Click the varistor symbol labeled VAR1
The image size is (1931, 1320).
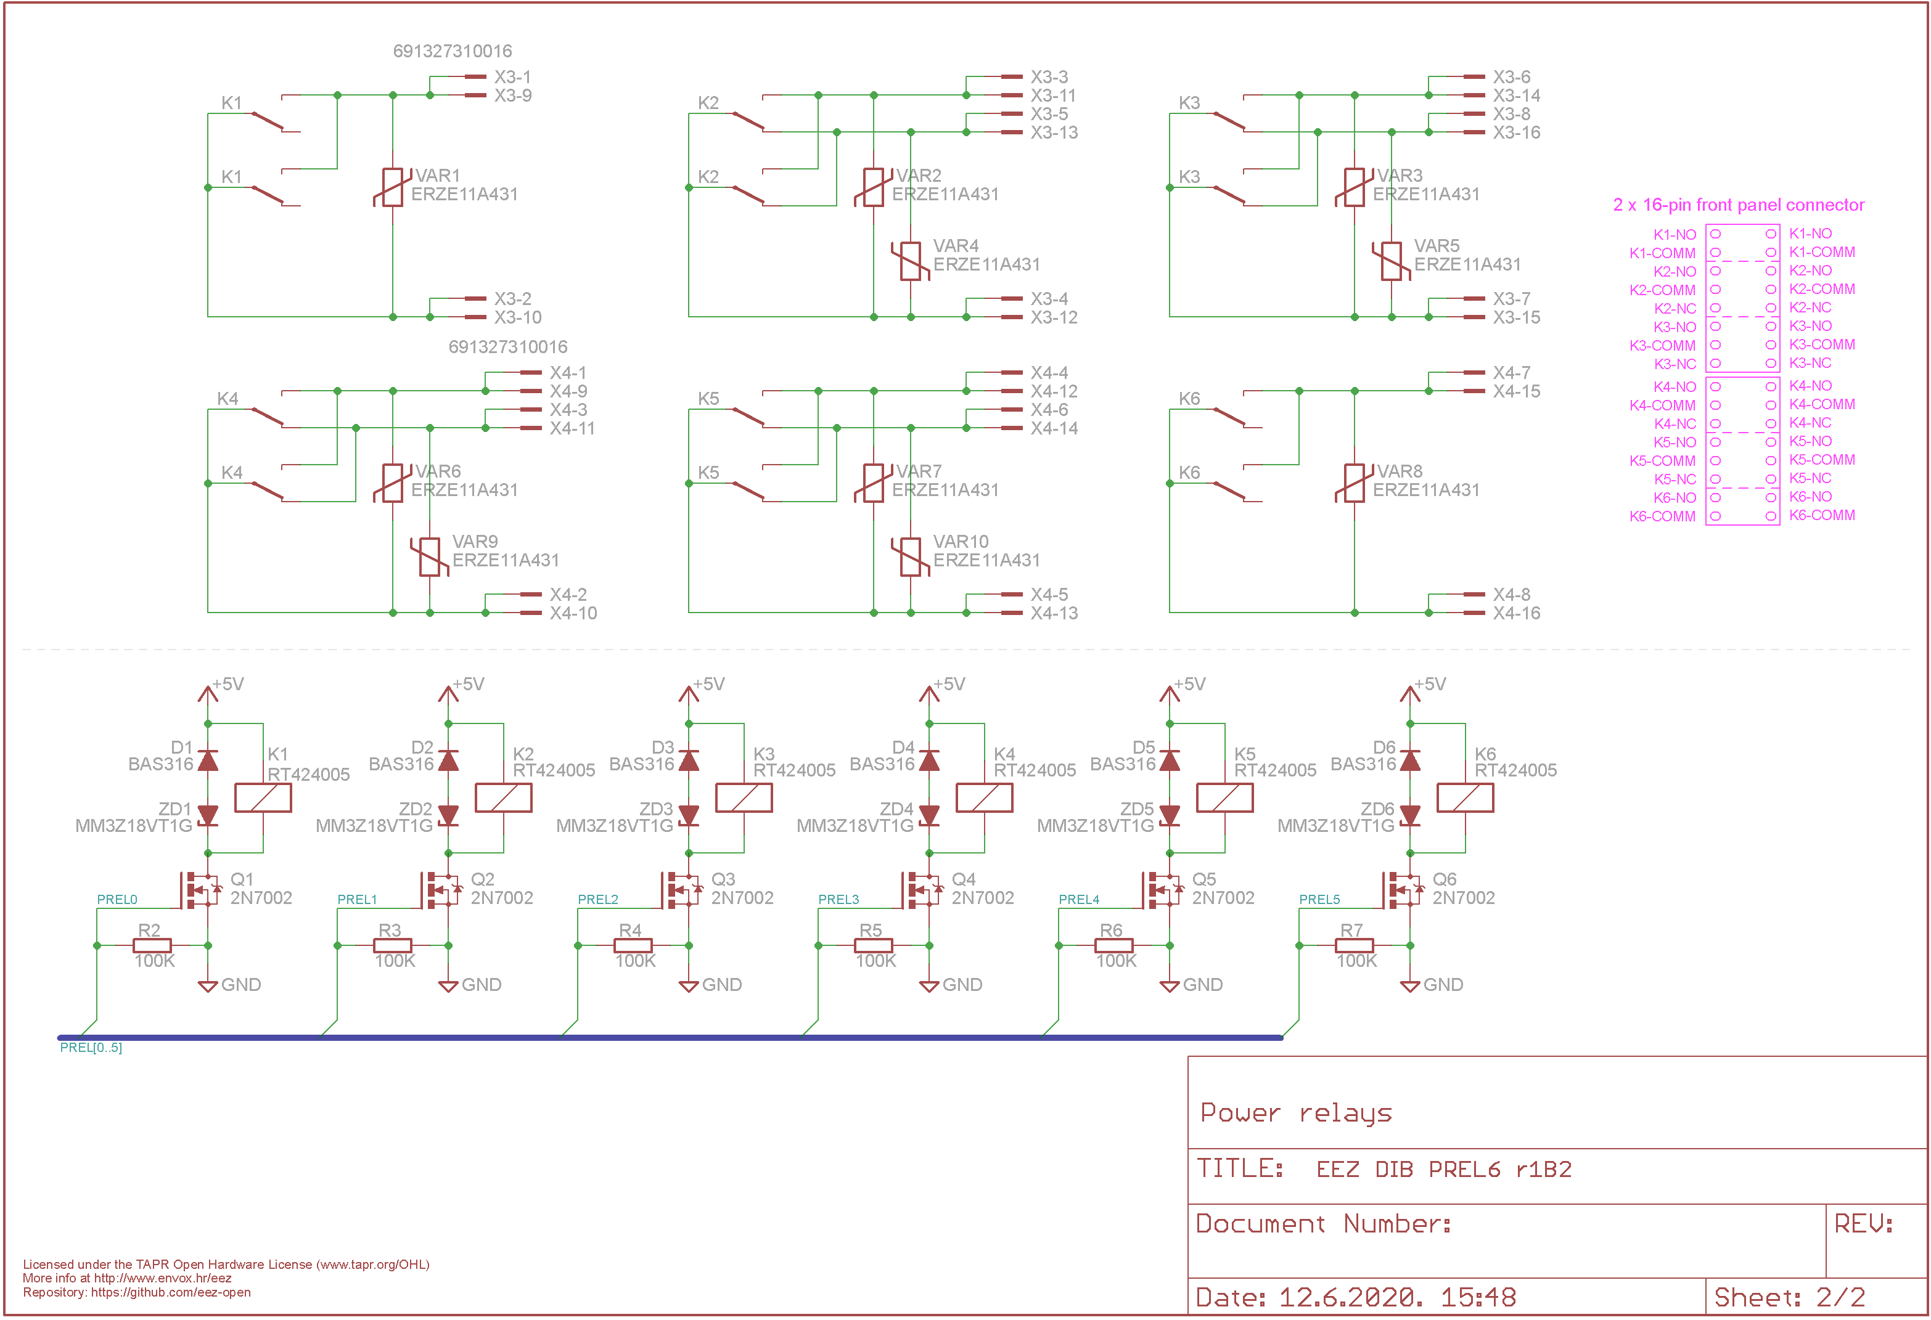(x=393, y=187)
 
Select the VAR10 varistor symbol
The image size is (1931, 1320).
(x=911, y=556)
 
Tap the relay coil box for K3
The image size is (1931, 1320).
(x=744, y=797)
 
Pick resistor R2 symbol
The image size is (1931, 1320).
(x=152, y=945)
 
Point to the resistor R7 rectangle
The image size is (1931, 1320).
(x=1355, y=945)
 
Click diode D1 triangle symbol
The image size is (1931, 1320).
(x=208, y=760)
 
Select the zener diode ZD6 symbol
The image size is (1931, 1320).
(x=1410, y=816)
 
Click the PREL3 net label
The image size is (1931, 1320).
(x=838, y=900)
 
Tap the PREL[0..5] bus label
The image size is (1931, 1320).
(x=91, y=1048)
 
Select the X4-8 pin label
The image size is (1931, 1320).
(x=1511, y=595)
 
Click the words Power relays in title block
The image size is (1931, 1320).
(x=1296, y=1113)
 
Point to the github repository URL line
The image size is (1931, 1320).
(x=137, y=1293)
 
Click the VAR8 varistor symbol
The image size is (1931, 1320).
(x=1355, y=483)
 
